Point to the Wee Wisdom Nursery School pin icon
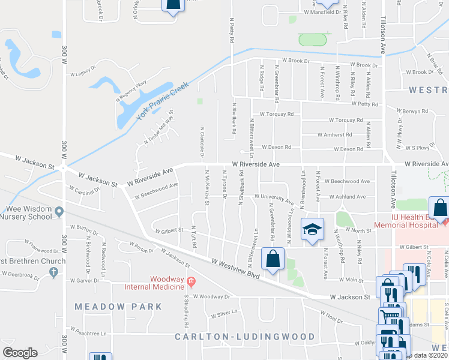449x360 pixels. [59, 212]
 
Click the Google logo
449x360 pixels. [20, 352]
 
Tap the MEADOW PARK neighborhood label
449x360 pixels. [118, 307]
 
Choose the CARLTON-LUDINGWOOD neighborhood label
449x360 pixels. [244, 337]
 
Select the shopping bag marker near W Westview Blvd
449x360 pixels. [273, 259]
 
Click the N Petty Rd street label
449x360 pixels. [231, 29]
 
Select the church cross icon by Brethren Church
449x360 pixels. [53, 272]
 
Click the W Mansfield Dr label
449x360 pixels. [322, 12]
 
